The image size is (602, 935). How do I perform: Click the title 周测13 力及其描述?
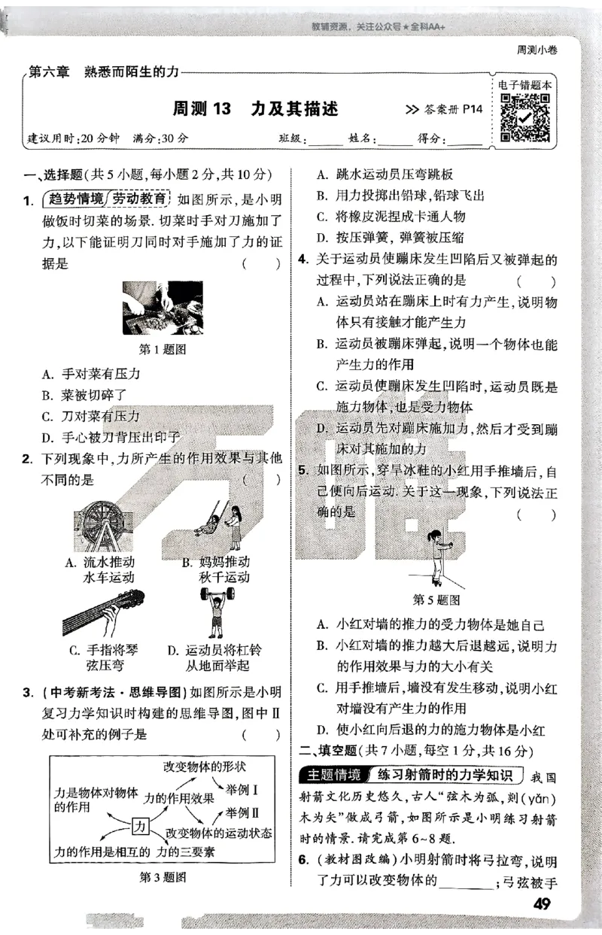tap(255, 109)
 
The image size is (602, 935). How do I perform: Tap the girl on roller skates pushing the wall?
tap(437, 557)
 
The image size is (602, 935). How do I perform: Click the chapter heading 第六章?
tap(49, 71)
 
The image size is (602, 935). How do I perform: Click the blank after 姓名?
tap(396, 140)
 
